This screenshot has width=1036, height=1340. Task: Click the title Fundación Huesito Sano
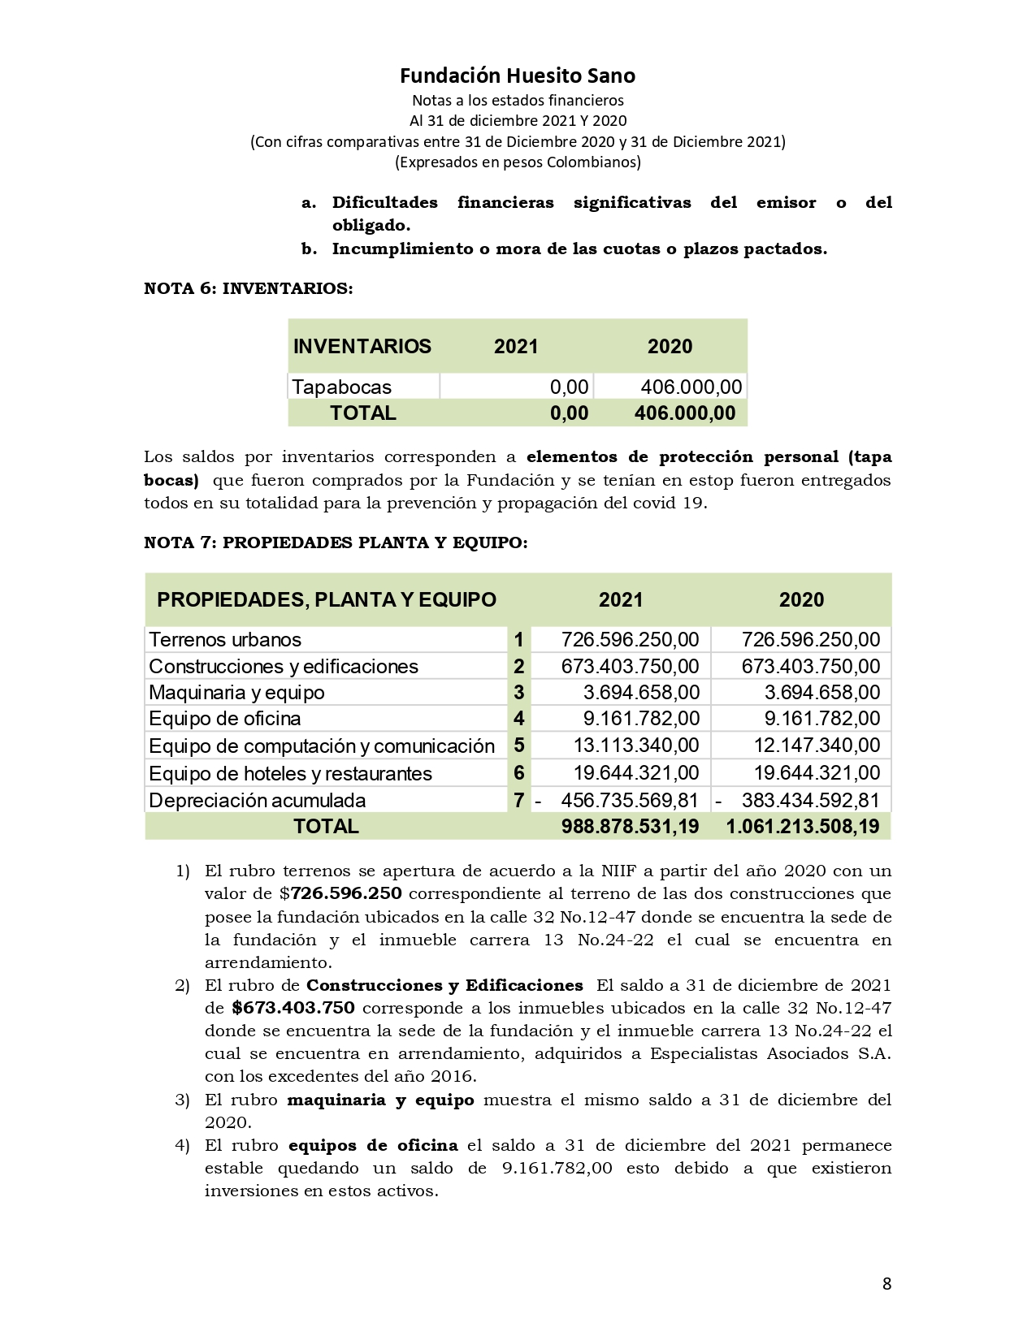point(517,76)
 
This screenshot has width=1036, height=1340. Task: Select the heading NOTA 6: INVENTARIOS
point(248,288)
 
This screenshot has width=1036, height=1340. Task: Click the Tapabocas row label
point(341,387)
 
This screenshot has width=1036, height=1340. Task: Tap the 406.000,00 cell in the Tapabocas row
point(691,387)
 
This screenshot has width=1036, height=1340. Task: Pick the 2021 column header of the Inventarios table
point(516,347)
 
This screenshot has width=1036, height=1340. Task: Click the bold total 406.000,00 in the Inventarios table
point(684,413)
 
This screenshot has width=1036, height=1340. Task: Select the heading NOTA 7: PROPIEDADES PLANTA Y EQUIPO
point(335,542)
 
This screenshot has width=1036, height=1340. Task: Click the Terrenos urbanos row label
point(225,639)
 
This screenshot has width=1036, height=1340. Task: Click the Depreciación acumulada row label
point(257,800)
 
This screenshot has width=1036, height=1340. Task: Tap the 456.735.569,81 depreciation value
point(629,800)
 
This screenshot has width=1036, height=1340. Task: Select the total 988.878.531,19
point(629,827)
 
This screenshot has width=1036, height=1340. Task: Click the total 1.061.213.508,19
point(802,827)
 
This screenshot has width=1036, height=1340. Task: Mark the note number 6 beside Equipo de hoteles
point(518,773)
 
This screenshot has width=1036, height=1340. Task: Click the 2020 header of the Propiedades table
point(801,600)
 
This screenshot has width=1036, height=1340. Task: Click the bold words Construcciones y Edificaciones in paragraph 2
point(444,985)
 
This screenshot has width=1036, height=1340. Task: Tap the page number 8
point(886,1284)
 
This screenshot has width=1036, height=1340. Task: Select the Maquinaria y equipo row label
point(236,693)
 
